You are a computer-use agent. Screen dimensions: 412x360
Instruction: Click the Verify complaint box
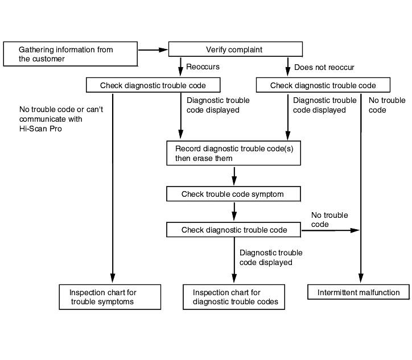coord(236,49)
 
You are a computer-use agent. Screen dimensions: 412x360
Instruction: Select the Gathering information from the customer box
coord(71,54)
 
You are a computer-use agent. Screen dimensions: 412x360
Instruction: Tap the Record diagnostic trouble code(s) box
coord(233,153)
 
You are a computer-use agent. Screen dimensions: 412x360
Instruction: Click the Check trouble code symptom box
coord(233,194)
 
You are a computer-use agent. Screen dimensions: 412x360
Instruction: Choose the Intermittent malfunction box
coord(359,292)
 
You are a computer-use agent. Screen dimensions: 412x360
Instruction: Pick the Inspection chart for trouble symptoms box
coord(110,297)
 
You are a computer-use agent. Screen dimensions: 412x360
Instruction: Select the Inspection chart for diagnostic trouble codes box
coord(234,297)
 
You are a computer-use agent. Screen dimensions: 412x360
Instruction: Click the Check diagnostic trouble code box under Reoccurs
coord(153,85)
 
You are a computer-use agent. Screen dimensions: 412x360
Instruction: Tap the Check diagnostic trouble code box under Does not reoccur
coord(323,85)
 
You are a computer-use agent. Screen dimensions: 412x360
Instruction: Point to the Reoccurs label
coord(203,67)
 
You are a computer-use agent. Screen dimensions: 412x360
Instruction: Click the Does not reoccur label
coord(324,67)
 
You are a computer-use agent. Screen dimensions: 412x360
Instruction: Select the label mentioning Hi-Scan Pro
coord(61,119)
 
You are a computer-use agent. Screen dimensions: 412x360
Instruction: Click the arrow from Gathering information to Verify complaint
coord(153,49)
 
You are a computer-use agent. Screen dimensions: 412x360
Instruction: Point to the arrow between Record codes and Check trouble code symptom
coord(234,176)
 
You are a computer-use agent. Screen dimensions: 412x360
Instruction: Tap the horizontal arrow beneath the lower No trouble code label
coord(331,230)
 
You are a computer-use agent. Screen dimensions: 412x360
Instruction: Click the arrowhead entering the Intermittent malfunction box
coord(361,278)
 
